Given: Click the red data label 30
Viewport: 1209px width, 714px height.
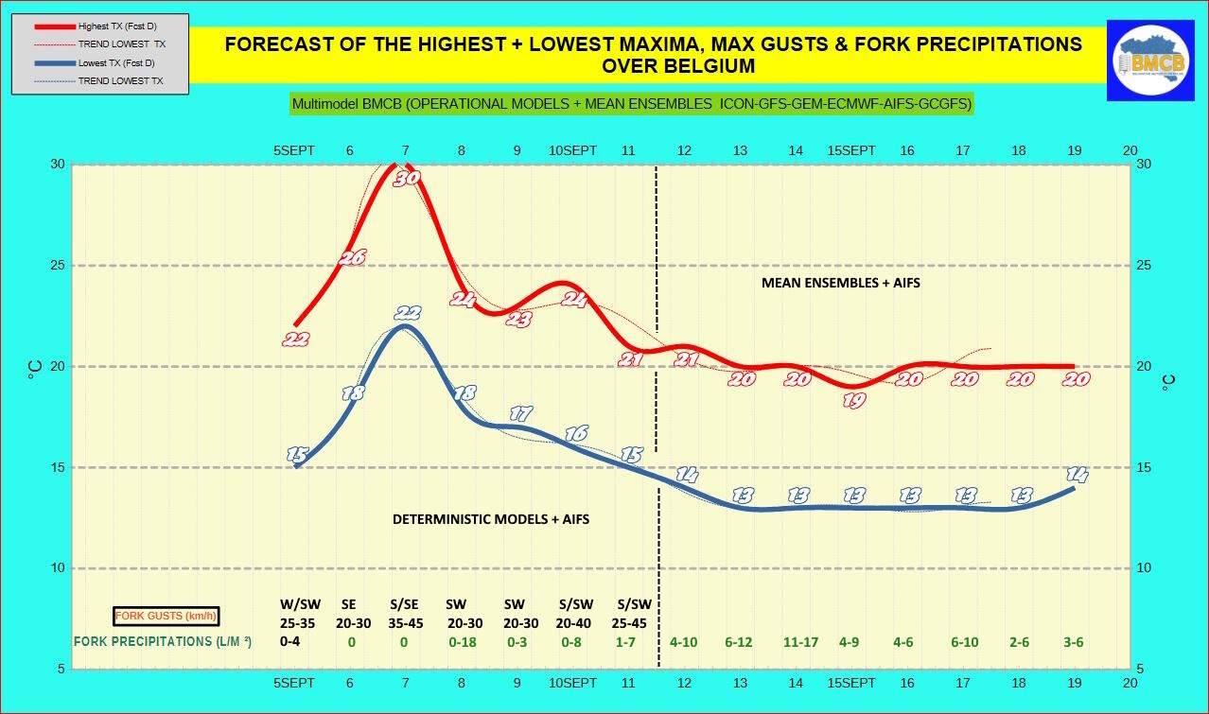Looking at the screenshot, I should [407, 178].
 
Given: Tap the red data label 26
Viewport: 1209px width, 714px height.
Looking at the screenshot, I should [353, 256].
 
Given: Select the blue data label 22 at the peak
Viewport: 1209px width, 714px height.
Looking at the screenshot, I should [408, 313].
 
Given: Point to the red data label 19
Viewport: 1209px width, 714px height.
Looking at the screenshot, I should [853, 400].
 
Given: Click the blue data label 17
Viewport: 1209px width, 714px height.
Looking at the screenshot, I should [520, 413].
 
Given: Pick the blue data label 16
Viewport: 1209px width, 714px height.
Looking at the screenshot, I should [576, 433].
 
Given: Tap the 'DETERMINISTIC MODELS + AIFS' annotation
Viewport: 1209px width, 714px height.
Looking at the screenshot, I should [491, 519].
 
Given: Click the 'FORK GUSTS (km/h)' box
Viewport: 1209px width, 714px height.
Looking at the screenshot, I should [166, 617].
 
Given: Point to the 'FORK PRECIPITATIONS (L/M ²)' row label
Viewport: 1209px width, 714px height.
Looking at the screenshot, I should [163, 641].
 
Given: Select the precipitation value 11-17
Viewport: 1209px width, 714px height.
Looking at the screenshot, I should [800, 642].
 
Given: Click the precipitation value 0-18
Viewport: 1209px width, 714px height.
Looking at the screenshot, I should [463, 642].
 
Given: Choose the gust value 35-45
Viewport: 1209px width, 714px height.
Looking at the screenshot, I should [407, 623].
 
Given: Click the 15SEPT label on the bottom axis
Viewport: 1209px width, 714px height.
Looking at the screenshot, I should [851, 683].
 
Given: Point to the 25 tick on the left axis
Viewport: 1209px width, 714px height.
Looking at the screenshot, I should [58, 265].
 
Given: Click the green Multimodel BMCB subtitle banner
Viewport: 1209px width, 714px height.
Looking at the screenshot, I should [631, 104].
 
